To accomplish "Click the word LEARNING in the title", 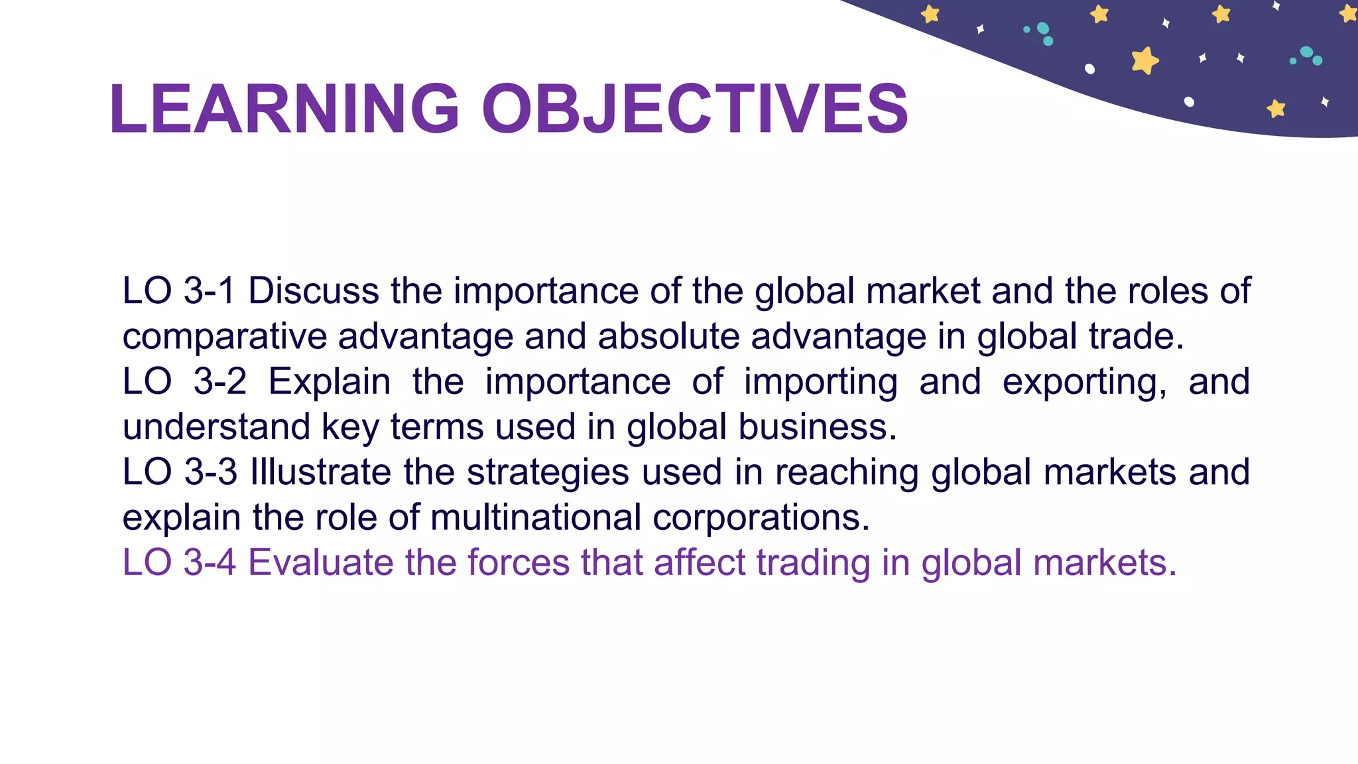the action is coord(284,109).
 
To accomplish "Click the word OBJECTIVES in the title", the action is coord(694,109).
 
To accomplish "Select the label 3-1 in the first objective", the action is coord(209,291).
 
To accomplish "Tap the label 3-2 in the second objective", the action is coord(220,382).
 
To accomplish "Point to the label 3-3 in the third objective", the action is coord(210,472).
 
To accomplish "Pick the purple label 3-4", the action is coord(210,562).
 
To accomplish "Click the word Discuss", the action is coord(314,291).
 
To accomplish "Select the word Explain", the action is coord(330,382).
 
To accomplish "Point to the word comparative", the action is coord(225,337).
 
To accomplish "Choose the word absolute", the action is coord(668,337).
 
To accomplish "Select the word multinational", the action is coord(536,517).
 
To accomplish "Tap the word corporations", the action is coord(761,517).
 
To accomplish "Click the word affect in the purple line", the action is coord(700,562).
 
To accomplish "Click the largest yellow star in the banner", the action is coord(1144,60).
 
